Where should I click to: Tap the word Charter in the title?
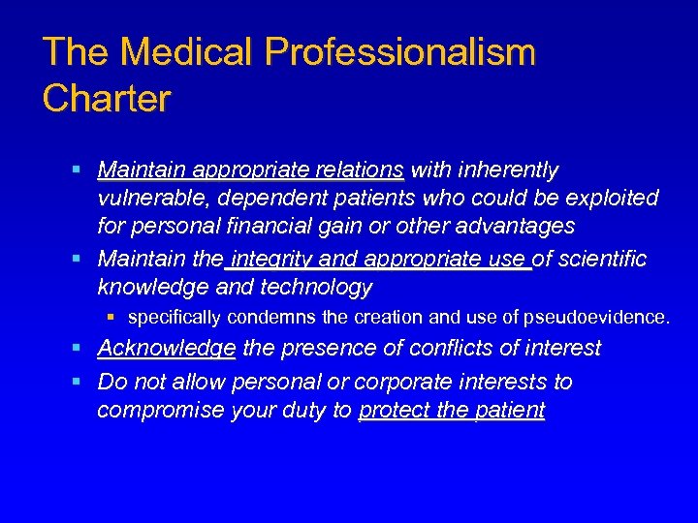click(x=107, y=98)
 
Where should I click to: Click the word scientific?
click(x=599, y=260)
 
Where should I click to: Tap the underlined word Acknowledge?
click(x=167, y=348)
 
